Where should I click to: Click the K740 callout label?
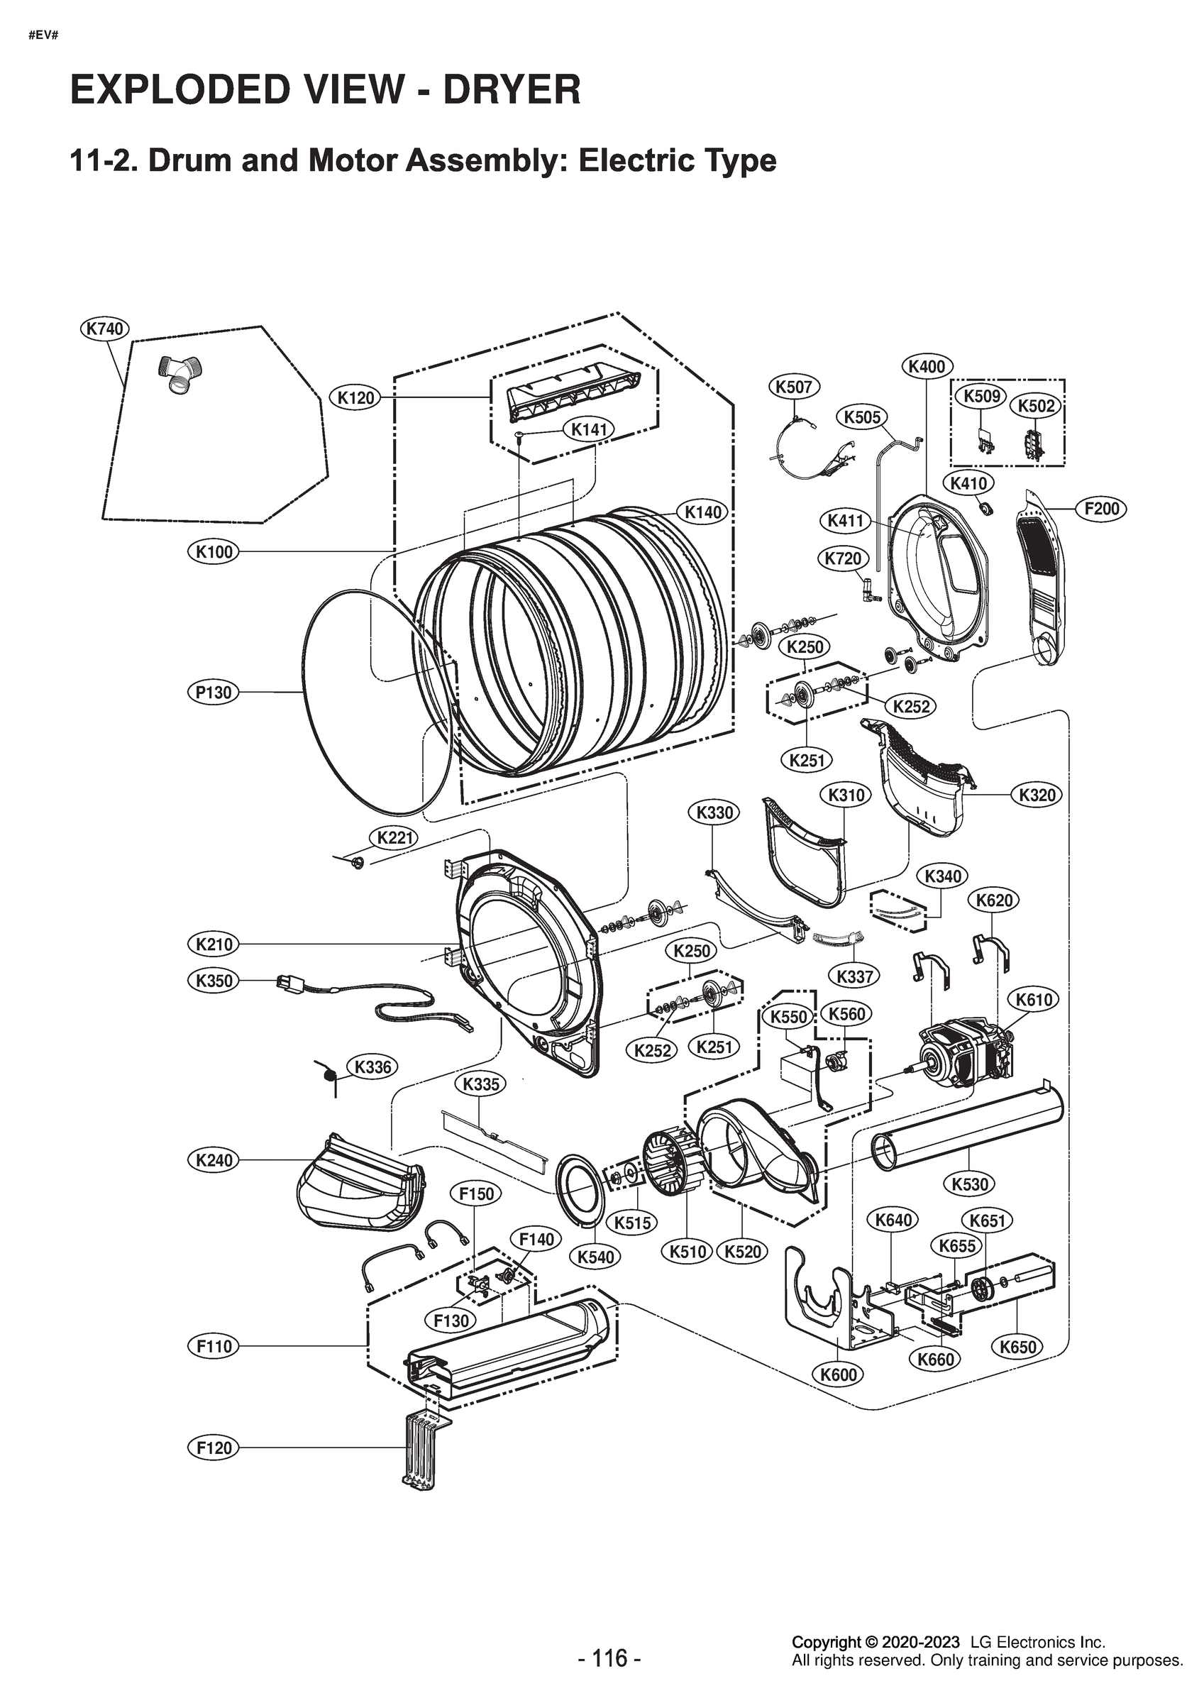click(x=104, y=329)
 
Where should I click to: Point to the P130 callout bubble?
click(x=214, y=692)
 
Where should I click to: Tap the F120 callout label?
click(x=214, y=1447)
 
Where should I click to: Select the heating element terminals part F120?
click(x=422, y=1447)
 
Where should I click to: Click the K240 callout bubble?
click(x=214, y=1159)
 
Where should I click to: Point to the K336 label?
click(x=372, y=1067)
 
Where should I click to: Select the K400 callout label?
click(x=927, y=366)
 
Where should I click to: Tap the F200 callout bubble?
click(x=1101, y=509)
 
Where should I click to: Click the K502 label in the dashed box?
click(x=1036, y=406)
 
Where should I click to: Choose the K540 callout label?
click(x=596, y=1256)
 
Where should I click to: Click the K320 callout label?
click(x=1037, y=795)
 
